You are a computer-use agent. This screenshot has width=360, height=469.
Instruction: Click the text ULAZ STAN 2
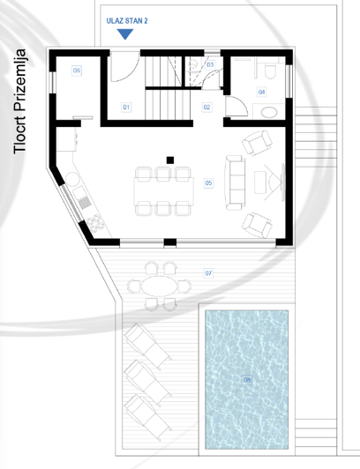[x=126, y=19]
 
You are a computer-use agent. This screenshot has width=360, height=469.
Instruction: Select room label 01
[x=126, y=107]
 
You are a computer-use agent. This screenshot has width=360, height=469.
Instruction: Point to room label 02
[x=207, y=107]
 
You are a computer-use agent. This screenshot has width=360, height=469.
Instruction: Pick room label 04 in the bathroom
[x=262, y=91]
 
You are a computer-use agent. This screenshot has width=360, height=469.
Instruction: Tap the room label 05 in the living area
[x=208, y=183]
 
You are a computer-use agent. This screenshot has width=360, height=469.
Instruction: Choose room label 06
[x=77, y=71]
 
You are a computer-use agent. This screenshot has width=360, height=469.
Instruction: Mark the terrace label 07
[x=208, y=273]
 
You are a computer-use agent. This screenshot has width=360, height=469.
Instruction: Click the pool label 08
[x=246, y=380]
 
